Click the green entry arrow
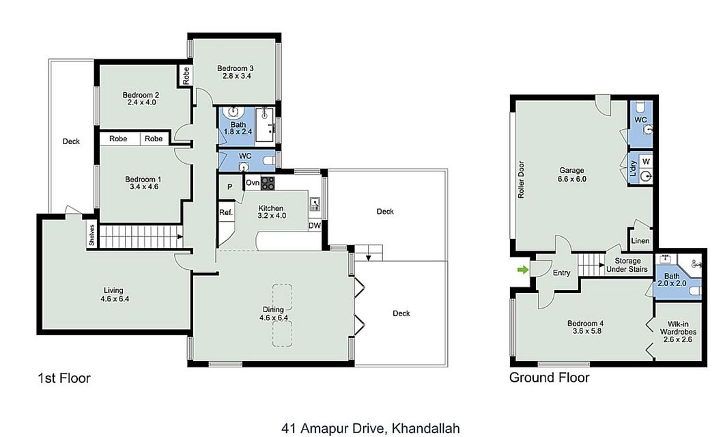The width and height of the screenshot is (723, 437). coord(522,270)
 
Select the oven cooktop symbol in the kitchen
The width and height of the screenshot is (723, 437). coord(268,184)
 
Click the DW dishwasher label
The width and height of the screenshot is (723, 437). coord(315,226)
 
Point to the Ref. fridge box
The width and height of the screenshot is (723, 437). coord(226,212)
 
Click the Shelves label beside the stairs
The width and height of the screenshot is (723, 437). coord(91,235)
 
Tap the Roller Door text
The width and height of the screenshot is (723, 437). coord(521,180)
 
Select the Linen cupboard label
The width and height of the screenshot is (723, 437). coord(640,240)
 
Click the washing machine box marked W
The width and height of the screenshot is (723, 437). coord(646,161)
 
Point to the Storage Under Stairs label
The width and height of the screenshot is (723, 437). coord(627,265)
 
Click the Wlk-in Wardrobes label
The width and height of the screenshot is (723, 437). coord(678,332)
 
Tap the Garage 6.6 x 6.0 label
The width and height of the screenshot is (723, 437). coord(571,175)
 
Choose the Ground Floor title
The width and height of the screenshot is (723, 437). coord(549,378)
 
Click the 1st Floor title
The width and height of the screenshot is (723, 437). coord(63,378)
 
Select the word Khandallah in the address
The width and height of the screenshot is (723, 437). coord(425,428)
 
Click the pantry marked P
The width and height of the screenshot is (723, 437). coord(229,186)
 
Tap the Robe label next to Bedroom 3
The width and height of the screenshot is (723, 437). coord(186,76)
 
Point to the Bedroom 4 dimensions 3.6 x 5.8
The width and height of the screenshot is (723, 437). coord(586,331)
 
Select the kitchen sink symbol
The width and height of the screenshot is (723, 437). coord(315,203)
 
